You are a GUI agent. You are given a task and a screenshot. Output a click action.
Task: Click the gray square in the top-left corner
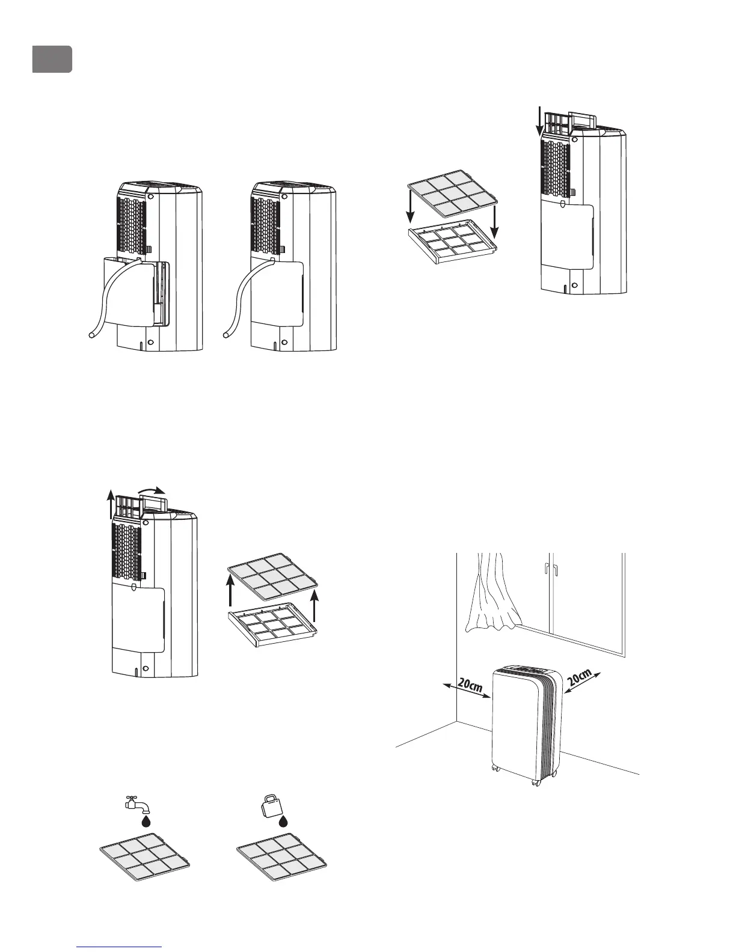52,59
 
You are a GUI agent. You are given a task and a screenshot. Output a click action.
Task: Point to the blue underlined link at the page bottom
120,947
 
